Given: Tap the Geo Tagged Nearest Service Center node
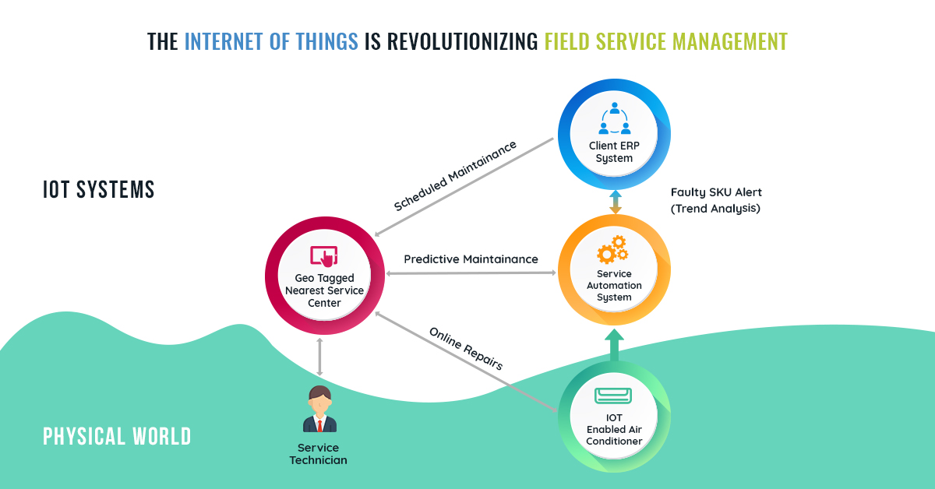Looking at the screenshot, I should (x=324, y=277).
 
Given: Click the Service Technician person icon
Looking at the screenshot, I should (x=319, y=410).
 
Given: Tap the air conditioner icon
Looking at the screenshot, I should (x=615, y=396).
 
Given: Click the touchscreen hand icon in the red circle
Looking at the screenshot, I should (x=323, y=255).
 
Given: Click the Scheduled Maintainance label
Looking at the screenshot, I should (x=456, y=176).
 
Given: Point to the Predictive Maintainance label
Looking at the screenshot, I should (x=471, y=259).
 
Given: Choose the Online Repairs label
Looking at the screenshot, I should (x=466, y=347).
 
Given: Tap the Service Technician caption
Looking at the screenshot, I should (x=319, y=454).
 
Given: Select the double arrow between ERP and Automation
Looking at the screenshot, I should (x=615, y=202).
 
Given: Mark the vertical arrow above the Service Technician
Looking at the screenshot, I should (x=319, y=357).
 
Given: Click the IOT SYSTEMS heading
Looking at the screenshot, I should (x=99, y=190).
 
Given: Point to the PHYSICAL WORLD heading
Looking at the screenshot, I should (x=117, y=436).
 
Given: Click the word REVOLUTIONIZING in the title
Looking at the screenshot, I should (x=450, y=40).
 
